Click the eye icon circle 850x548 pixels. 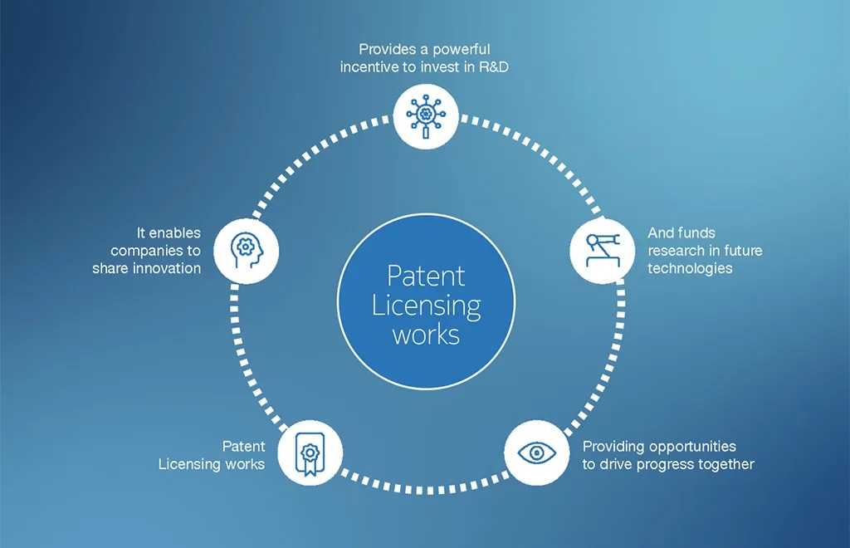[x=537, y=453]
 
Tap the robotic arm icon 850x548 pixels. [x=603, y=250]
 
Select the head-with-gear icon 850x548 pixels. [x=247, y=251]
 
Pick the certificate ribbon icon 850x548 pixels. [x=310, y=454]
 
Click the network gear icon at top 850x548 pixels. [x=426, y=116]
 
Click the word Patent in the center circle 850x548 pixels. [x=426, y=276]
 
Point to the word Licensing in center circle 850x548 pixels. [x=426, y=306]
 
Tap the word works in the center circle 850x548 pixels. [x=426, y=335]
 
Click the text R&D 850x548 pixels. [x=494, y=66]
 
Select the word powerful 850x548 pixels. [x=462, y=49]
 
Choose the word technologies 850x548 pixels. [x=690, y=268]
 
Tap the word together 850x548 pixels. [x=726, y=464]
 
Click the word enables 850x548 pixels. [x=174, y=233]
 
